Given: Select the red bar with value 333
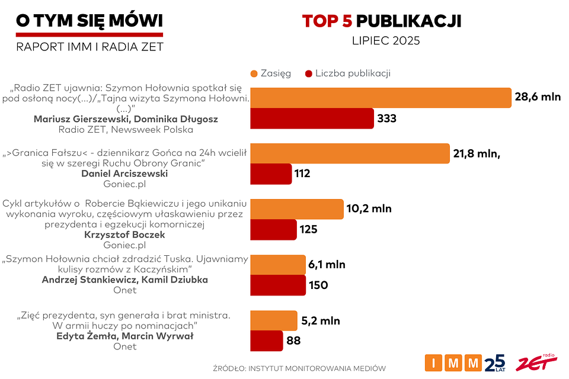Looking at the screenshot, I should point(312,118).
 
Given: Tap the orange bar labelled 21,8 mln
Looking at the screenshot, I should point(350,153).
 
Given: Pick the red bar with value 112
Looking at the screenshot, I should point(271,174).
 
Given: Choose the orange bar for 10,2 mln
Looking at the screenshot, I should point(296,209).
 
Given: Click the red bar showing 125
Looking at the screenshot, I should point(273,229).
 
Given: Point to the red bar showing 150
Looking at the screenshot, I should point(278,285).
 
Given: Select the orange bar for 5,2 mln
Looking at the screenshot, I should point(273,320).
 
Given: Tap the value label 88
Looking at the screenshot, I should point(294,341).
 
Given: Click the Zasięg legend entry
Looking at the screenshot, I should point(270,73).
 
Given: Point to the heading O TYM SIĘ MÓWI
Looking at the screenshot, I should point(89,21).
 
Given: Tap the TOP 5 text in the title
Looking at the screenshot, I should point(327,21).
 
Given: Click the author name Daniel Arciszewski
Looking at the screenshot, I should point(124,174).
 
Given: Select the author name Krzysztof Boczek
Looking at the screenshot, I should point(124,235).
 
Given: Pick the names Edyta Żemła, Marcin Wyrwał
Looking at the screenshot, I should point(124,336).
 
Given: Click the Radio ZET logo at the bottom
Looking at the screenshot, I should point(536,362).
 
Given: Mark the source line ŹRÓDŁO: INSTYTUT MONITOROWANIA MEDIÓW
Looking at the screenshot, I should point(299,368).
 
